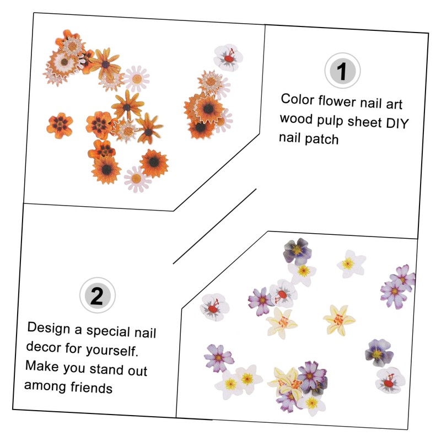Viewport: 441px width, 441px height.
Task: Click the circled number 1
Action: tap(342, 72)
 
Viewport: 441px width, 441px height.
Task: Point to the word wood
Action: tap(295, 117)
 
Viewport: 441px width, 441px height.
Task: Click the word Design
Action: tap(50, 327)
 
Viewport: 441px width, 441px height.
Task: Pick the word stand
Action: tap(99, 369)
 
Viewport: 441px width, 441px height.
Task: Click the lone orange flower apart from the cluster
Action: tap(60, 126)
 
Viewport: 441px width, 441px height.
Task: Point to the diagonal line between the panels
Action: tap(215, 226)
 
